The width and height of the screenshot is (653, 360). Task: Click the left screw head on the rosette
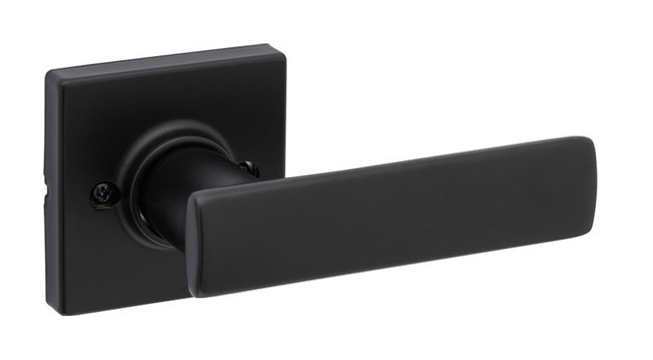pyautogui.click(x=100, y=196)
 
